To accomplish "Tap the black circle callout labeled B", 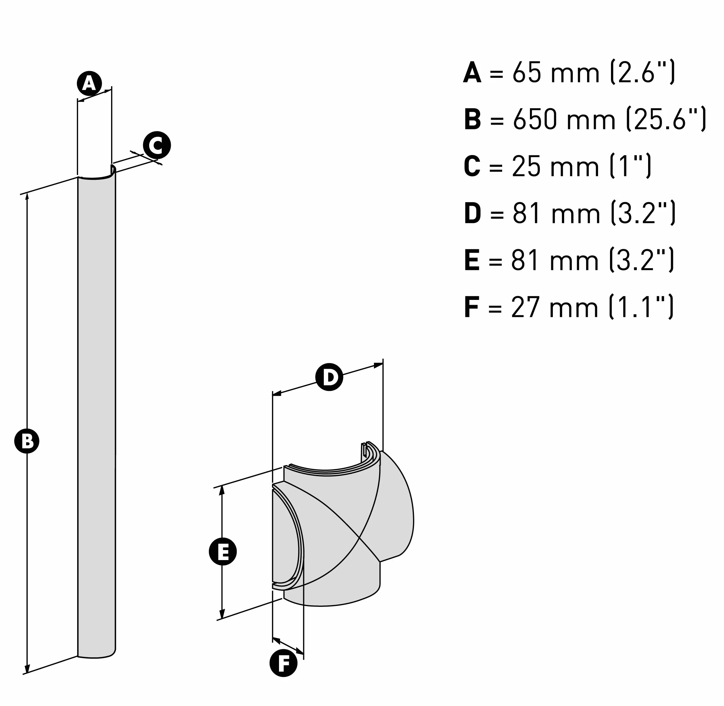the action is coord(27,441).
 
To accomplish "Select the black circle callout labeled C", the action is coord(157,145).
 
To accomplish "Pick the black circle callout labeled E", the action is coord(222,551).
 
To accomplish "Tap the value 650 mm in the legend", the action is coord(564,119).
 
